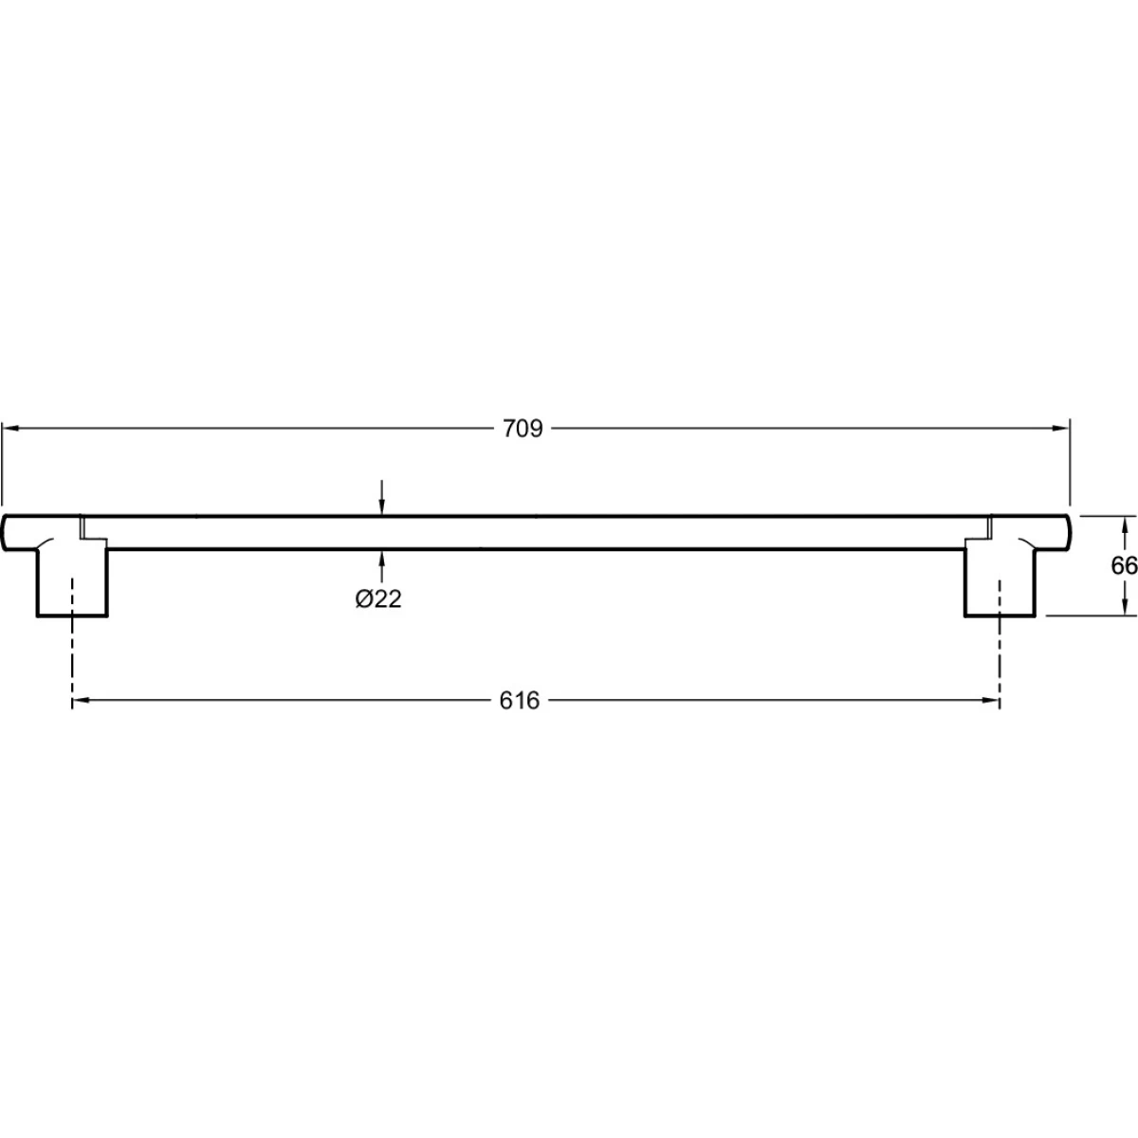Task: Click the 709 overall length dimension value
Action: click(522, 429)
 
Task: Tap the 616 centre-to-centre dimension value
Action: click(519, 701)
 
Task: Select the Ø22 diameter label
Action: click(378, 599)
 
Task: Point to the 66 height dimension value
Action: click(1124, 566)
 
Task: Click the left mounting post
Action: click(72, 581)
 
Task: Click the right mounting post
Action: click(1000, 581)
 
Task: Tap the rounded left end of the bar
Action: click(5, 533)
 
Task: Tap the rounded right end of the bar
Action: click(1067, 533)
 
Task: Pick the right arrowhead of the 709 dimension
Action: click(1062, 428)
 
